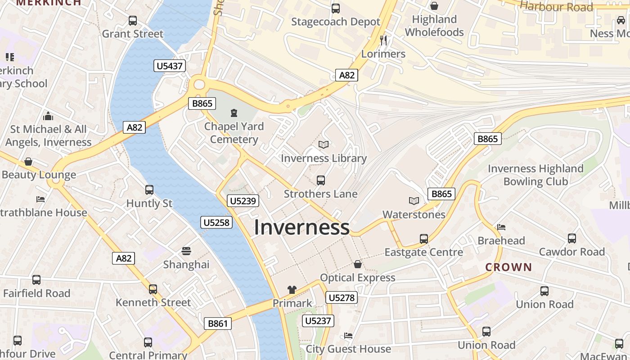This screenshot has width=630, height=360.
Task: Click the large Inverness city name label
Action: [301, 227]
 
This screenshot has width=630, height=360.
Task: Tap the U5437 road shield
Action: [170, 66]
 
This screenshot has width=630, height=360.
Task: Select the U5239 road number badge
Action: [243, 201]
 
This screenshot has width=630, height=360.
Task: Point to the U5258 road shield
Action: [216, 222]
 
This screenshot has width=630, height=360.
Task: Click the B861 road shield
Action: [218, 323]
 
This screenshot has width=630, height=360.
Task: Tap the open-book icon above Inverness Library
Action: [324, 144]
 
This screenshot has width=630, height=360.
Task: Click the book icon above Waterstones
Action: [414, 201]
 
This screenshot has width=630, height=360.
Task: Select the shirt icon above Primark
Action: [292, 290]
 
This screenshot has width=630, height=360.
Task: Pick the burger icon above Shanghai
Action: [186, 251]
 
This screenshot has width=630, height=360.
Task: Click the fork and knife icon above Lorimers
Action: [383, 40]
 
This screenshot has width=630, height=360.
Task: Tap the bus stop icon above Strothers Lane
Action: [321, 180]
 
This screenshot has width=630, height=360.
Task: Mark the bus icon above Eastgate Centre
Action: [423, 238]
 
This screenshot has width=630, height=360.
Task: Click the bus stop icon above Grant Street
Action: [133, 20]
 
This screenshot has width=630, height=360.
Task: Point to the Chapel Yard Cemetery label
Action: [234, 133]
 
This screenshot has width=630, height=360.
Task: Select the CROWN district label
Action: [508, 267]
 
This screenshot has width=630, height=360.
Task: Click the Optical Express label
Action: [357, 278]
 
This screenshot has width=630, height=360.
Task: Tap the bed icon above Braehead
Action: [501, 227]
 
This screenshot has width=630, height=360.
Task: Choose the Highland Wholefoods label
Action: [434, 26]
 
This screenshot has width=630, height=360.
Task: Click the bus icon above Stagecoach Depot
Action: [335, 8]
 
